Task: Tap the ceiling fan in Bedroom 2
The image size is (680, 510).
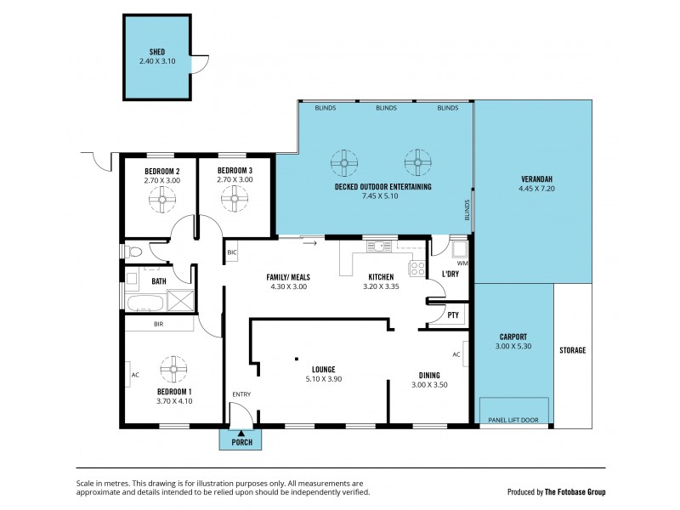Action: (x=162, y=199)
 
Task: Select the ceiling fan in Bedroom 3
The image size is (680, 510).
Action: (x=235, y=199)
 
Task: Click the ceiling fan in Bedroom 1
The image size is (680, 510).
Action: (x=173, y=367)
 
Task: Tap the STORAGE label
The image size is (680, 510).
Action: (x=573, y=350)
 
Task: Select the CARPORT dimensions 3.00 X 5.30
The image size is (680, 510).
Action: (x=513, y=346)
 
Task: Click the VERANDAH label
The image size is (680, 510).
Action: (x=536, y=178)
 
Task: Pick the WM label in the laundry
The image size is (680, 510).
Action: (x=463, y=263)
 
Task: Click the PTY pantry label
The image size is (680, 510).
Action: (x=452, y=314)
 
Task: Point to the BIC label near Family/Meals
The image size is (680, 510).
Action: (x=232, y=252)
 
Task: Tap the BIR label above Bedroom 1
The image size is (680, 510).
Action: (x=159, y=324)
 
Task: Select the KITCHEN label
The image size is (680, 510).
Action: (x=380, y=278)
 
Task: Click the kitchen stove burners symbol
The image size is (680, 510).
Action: (x=416, y=269)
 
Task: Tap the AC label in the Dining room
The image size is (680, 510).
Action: (x=456, y=354)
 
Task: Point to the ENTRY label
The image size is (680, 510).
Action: (x=241, y=394)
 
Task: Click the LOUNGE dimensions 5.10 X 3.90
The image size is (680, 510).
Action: (x=323, y=379)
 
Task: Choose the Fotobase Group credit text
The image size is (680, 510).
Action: (x=556, y=491)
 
